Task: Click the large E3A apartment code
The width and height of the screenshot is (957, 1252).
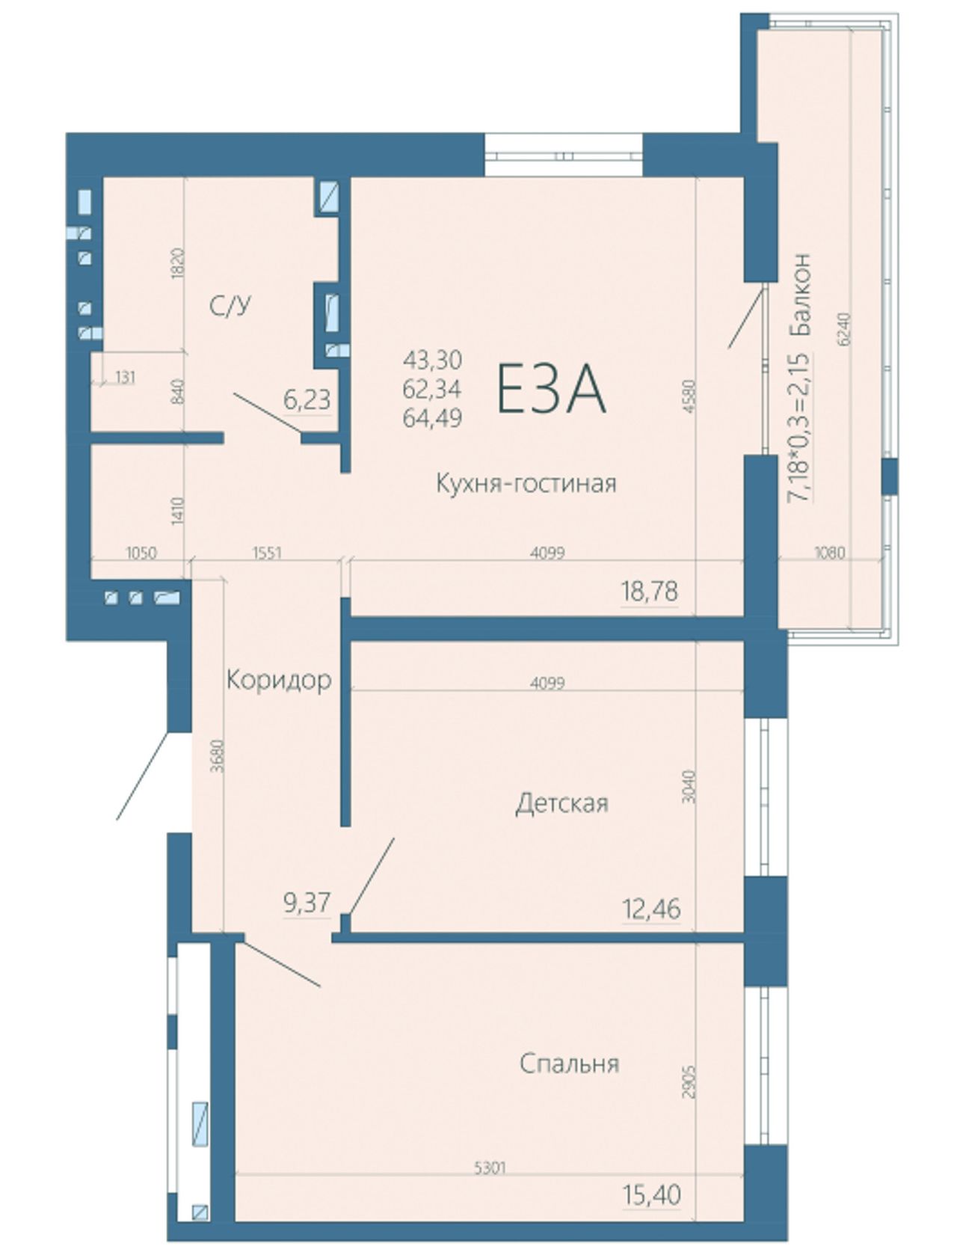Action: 551,390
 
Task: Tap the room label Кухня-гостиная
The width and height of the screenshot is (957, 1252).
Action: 526,484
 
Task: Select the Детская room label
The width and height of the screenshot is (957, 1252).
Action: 562,804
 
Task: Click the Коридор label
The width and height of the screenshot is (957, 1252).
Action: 279,680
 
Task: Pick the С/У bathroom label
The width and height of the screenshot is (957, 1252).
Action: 230,307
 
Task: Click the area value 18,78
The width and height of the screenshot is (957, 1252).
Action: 649,592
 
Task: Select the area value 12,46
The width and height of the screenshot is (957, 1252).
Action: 651,909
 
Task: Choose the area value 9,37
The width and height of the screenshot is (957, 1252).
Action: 307,903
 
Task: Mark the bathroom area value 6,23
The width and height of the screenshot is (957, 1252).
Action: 307,400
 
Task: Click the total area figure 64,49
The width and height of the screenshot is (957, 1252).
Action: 432,419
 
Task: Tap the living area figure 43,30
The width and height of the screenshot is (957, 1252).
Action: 432,360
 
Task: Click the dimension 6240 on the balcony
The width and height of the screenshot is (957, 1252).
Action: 844,328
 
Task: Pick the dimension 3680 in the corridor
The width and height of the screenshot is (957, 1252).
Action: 217,756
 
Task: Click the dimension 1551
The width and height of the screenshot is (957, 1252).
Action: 267,553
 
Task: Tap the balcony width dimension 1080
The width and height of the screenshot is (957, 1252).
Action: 829,553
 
